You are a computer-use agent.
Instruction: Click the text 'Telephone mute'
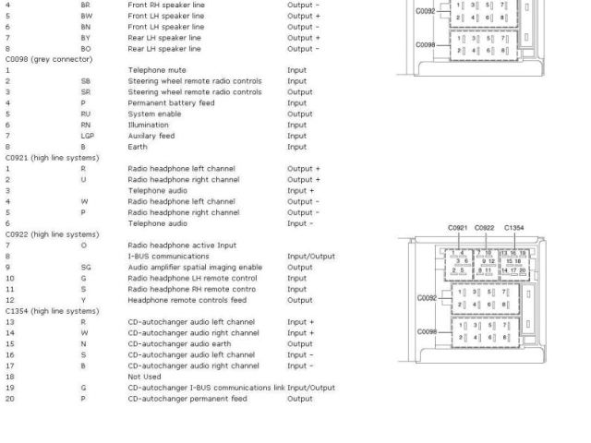(156, 70)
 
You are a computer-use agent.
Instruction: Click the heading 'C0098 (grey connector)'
(49, 59)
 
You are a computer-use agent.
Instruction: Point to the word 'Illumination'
(148, 125)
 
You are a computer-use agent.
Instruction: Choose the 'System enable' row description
(154, 114)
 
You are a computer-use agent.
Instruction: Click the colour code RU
(86, 114)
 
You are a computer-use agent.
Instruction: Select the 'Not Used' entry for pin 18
(143, 377)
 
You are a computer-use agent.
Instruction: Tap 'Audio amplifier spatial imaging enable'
(194, 267)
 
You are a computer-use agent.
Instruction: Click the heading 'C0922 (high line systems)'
(52, 234)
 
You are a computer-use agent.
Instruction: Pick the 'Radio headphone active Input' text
(182, 245)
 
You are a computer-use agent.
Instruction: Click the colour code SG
(86, 267)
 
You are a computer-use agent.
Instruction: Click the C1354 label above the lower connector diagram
(513, 227)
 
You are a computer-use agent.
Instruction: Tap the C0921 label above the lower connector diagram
(458, 227)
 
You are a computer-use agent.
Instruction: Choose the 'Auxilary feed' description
(151, 136)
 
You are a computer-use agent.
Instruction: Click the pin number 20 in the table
(10, 399)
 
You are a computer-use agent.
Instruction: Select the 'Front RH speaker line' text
(166, 5)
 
